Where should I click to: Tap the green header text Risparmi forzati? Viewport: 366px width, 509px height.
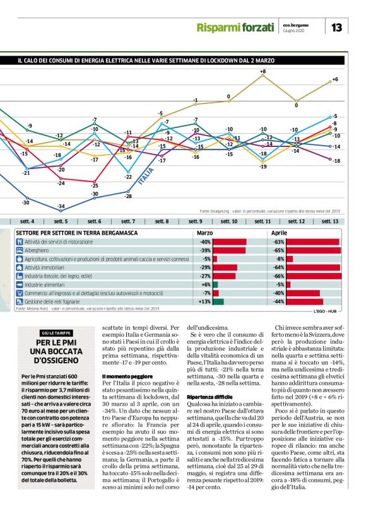[235, 28]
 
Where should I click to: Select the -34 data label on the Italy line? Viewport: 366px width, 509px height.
[62, 207]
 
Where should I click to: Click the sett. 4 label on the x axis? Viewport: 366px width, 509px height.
[27, 221]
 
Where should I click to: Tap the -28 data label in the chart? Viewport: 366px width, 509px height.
[128, 197]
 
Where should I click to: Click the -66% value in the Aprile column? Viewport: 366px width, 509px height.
[278, 276]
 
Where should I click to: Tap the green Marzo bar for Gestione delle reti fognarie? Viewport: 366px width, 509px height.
[218, 301]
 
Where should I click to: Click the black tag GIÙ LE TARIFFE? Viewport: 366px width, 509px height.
[56, 332]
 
